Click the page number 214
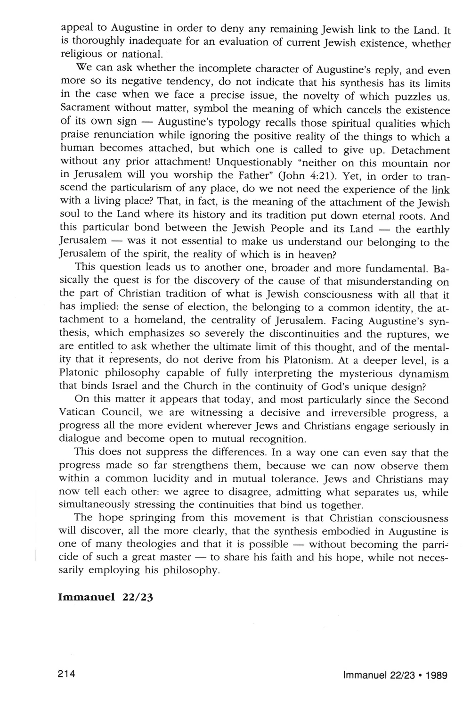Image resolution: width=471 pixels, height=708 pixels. click(67, 674)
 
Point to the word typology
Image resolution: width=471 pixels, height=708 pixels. click(236, 123)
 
